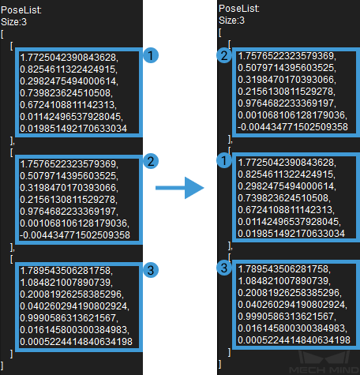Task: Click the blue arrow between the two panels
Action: pos(180,188)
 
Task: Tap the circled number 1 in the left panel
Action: pos(151,55)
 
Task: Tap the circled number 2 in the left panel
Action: pos(151,161)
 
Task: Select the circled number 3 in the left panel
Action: pos(151,270)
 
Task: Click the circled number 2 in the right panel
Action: pos(224,55)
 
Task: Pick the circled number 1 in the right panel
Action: pos(224,160)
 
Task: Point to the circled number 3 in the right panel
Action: pos(224,268)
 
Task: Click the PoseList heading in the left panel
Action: pos(21,10)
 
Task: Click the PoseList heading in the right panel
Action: pos(239,9)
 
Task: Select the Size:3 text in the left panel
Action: pos(13,22)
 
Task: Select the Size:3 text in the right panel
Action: pos(231,21)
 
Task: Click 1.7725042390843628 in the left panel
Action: pos(69,58)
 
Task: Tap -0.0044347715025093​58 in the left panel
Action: pos(75,235)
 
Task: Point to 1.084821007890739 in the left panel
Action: pos(66,283)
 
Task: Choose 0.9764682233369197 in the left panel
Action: pos(69,212)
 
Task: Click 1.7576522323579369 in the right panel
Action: pos(287,56)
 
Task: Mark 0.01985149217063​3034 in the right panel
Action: pos(291,234)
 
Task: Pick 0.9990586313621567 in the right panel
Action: pos(287,317)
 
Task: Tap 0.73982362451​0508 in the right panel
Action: pos(284,198)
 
